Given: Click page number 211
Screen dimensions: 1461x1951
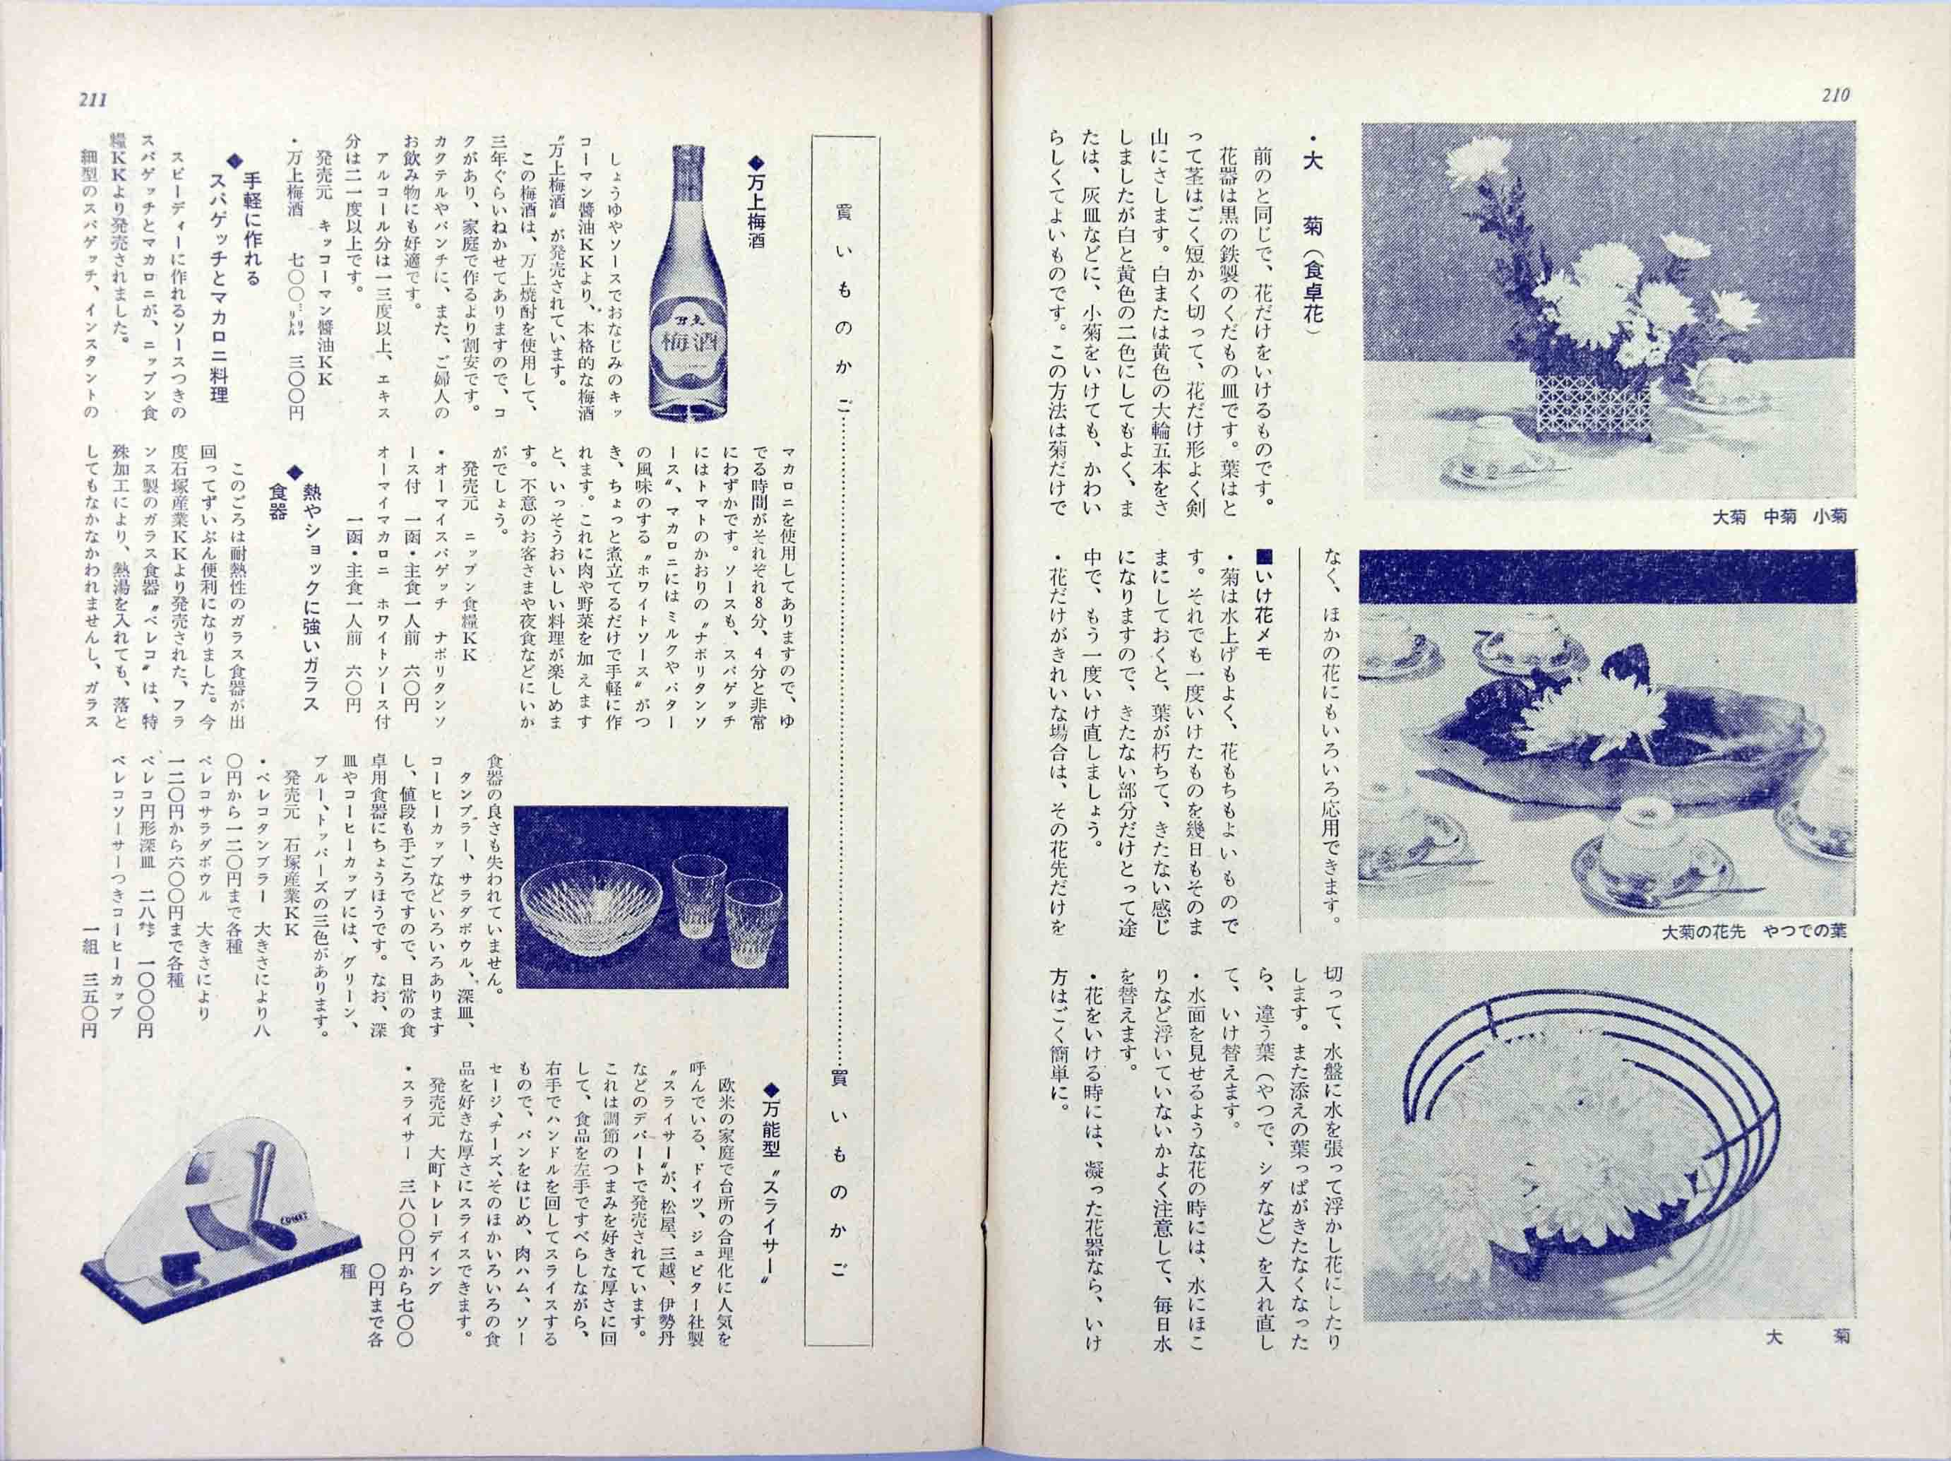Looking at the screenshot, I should click(x=93, y=100).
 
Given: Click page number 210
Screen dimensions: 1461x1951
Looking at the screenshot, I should click(x=1834, y=95).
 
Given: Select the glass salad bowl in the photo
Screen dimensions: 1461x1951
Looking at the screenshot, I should click(x=590, y=906).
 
